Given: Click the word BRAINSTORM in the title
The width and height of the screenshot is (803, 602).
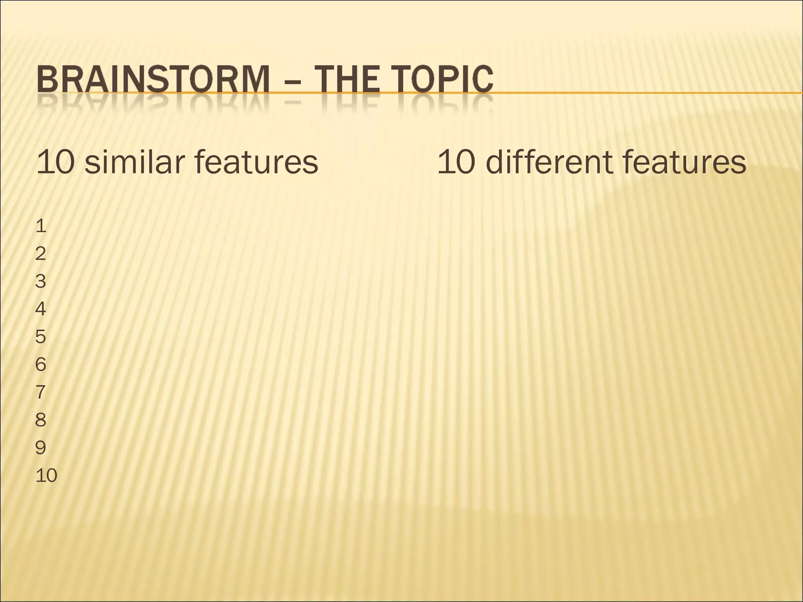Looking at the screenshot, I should [153, 80].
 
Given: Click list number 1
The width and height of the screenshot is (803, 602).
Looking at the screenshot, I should [41, 226].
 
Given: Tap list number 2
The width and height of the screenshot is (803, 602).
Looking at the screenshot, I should [41, 254].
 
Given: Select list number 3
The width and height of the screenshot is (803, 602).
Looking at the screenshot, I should [41, 281].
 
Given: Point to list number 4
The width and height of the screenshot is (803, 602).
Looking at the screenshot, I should [41, 309].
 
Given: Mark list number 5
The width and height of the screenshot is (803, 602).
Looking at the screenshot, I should [41, 337].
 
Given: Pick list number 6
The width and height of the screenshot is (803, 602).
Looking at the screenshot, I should [41, 364].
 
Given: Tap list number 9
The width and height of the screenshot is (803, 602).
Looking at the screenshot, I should [41, 448].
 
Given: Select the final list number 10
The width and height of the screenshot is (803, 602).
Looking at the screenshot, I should [46, 475].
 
